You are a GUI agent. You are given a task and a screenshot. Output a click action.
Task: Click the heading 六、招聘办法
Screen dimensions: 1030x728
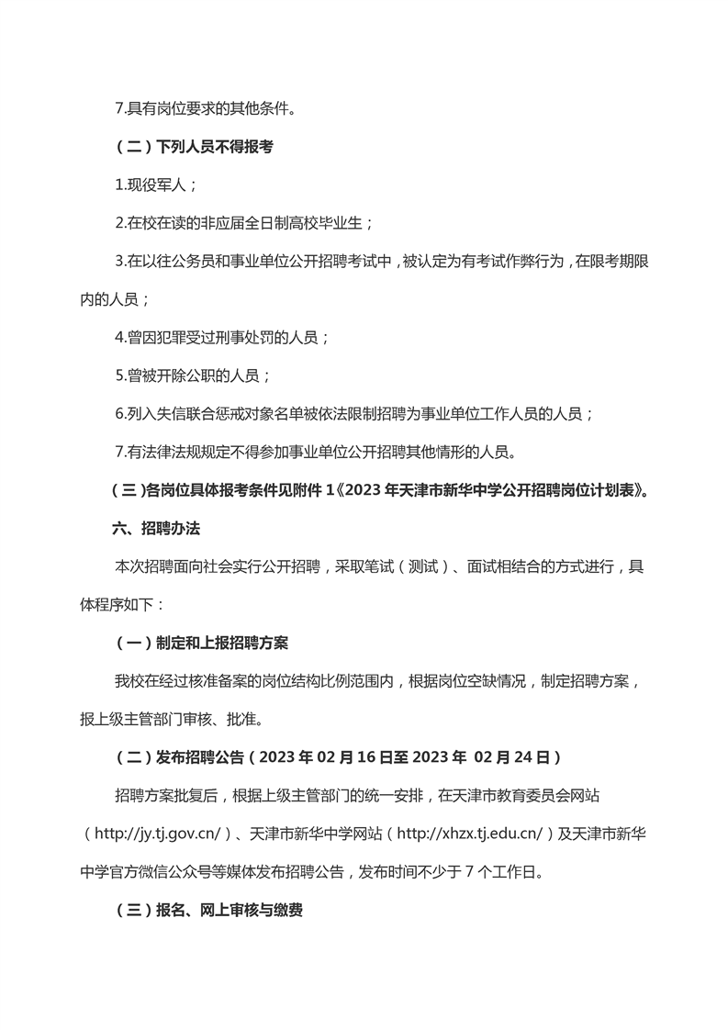click(x=157, y=529)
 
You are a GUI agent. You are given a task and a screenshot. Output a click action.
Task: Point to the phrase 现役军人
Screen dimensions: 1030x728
click(x=156, y=185)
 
